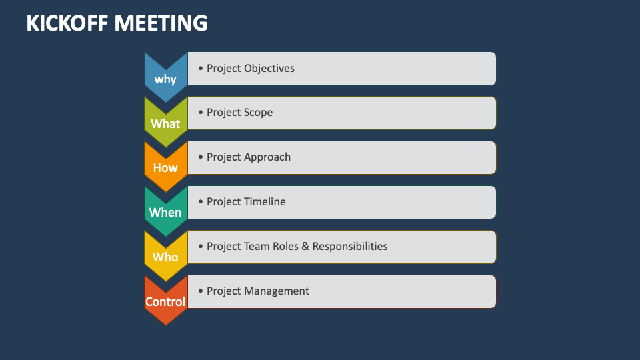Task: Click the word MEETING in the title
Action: pos(161,23)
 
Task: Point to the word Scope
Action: pos(259,113)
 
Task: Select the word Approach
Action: pos(267,157)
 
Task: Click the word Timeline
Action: pos(265,202)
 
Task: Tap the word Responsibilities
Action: pos(350,246)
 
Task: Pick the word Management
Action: pos(277,291)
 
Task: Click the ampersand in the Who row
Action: pos(305,246)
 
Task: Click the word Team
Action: pos(257,246)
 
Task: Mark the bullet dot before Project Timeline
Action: pos(201,202)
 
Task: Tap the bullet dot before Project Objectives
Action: pos(201,68)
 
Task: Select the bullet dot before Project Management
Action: pos(201,291)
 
